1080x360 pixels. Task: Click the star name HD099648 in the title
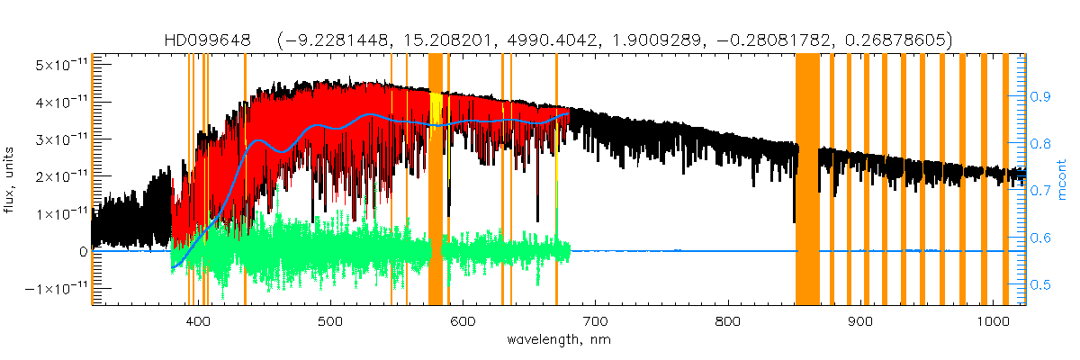[213, 40]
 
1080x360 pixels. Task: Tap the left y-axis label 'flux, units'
[12, 180]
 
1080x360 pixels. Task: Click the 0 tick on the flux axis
[82, 251]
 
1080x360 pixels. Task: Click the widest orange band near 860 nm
[807, 180]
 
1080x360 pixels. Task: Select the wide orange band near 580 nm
[435, 180]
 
